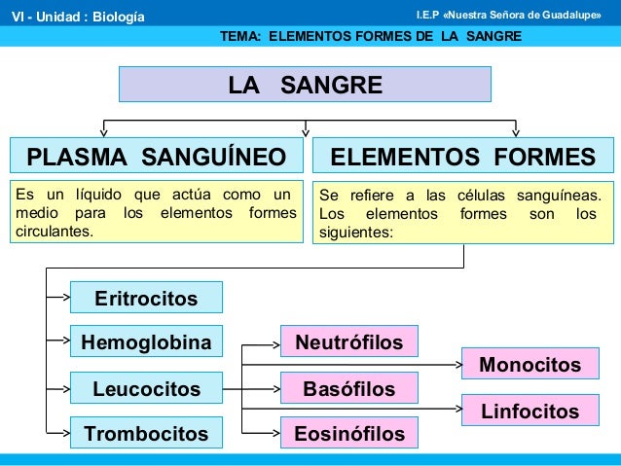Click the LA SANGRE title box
[x=306, y=85]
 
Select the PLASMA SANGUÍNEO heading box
[x=156, y=157]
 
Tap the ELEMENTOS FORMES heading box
[x=462, y=157]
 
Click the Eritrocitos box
[x=146, y=298]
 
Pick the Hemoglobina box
[x=146, y=342]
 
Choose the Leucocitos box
[x=146, y=389]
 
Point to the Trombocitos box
[x=146, y=432]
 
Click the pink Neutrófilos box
[x=349, y=341]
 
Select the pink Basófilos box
[x=349, y=389]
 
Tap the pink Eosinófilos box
[x=349, y=432]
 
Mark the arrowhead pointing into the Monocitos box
[x=457, y=365]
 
